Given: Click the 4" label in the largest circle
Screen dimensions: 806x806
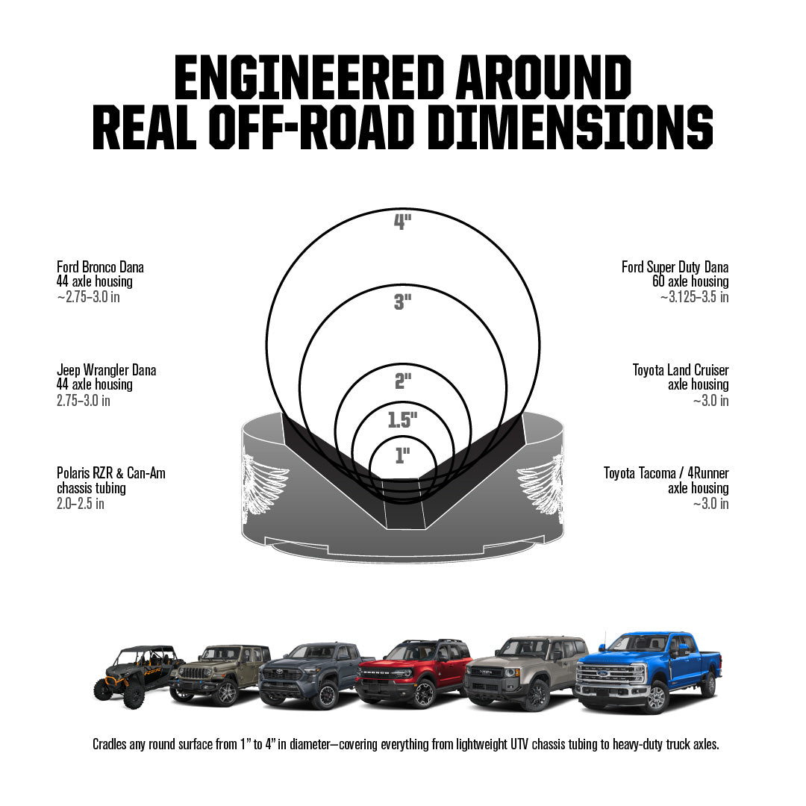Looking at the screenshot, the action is (402, 222).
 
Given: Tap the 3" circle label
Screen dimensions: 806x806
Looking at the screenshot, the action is (402, 302).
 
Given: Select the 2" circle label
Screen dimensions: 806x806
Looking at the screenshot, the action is (403, 381).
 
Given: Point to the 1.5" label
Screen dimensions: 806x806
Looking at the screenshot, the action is (402, 420).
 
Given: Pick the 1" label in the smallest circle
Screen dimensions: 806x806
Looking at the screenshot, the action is (402, 455).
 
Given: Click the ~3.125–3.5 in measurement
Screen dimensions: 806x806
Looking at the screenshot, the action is (695, 297).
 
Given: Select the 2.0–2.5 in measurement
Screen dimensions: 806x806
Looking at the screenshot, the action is (80, 504).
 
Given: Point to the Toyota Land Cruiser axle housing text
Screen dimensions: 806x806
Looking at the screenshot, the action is (681, 378).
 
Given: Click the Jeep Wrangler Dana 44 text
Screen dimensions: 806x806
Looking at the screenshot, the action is (107, 378).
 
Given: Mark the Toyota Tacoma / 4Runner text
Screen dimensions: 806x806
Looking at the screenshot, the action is (666, 473).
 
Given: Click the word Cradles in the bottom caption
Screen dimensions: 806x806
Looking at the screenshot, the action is (110, 744).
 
